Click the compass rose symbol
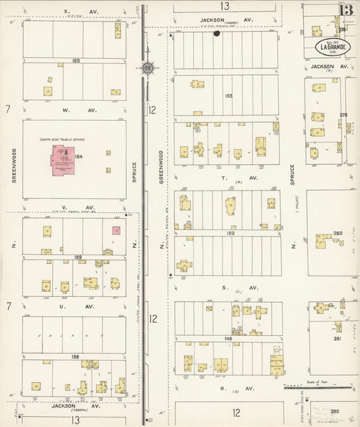click(x=147, y=67)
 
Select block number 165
click(x=75, y=61)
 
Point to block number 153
click(x=228, y=96)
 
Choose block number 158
click(x=75, y=356)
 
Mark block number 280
click(x=337, y=234)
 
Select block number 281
click(x=336, y=338)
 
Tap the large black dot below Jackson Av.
click(x=217, y=33)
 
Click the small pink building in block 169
click(x=116, y=230)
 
